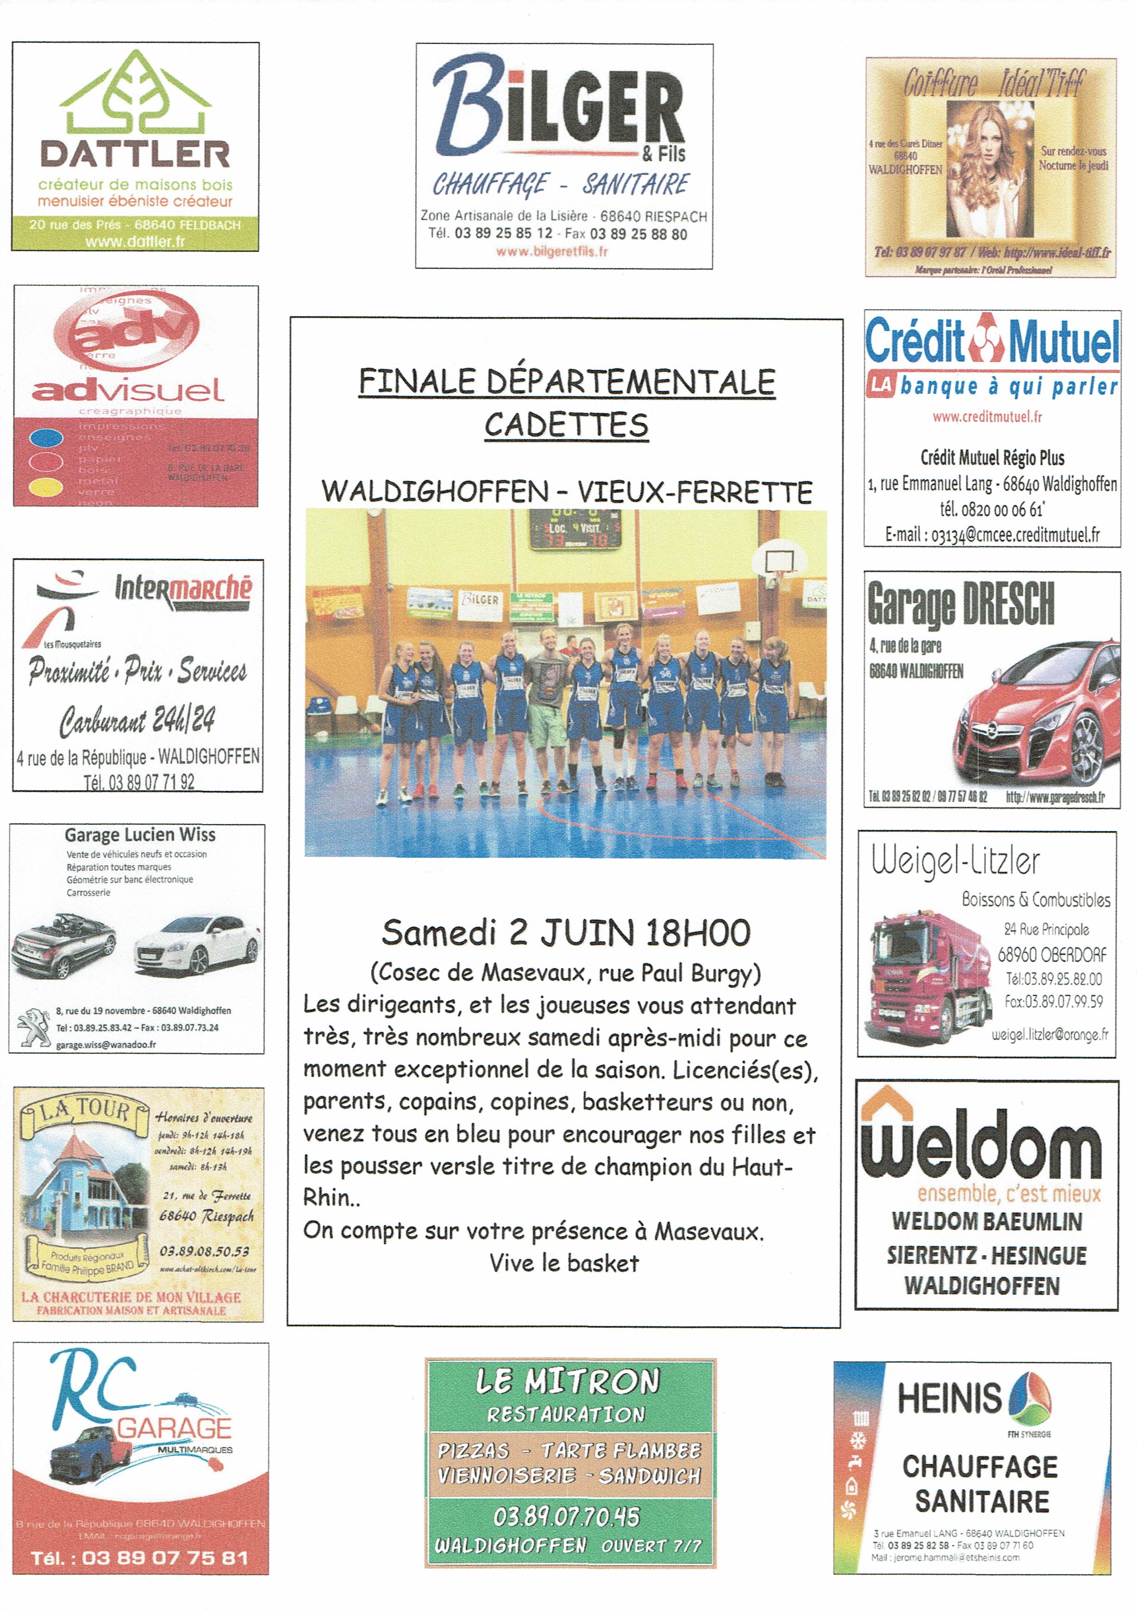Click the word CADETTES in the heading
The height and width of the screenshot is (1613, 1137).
(x=566, y=425)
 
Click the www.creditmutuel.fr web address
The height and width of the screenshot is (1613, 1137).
(x=987, y=417)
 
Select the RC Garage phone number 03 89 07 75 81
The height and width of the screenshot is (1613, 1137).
(x=164, y=1558)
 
